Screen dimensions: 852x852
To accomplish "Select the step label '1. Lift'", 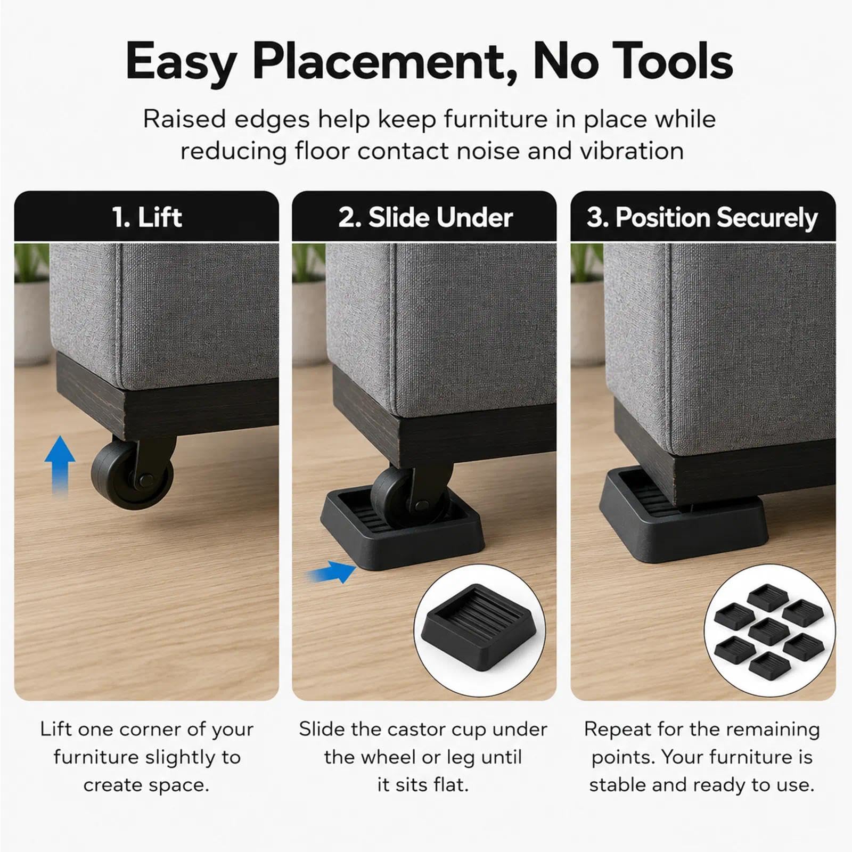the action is [147, 217].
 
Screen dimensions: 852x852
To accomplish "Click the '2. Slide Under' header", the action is [425, 217].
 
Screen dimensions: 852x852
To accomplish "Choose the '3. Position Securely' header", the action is [702, 218].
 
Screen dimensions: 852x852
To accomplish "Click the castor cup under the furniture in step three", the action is [684, 514].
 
